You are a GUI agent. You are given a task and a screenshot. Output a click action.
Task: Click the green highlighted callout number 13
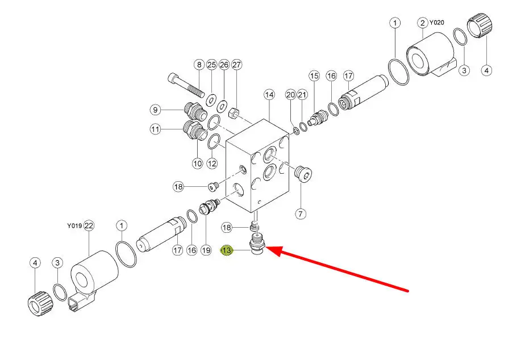click(227, 250)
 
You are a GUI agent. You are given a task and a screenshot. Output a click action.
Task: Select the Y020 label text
click(437, 22)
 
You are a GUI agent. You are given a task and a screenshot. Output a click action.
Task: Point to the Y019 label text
click(74, 226)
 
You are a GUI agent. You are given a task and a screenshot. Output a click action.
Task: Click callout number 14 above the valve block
click(269, 95)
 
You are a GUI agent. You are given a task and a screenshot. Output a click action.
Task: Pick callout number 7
click(301, 214)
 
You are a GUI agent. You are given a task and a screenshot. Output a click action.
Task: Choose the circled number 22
click(89, 226)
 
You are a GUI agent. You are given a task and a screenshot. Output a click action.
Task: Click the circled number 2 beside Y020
click(423, 23)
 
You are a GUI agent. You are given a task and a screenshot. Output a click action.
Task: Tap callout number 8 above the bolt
click(199, 65)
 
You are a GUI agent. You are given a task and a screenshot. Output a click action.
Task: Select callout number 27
click(236, 65)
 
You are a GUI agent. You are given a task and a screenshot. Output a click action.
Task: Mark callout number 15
click(314, 76)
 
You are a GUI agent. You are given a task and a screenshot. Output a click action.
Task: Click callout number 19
click(206, 250)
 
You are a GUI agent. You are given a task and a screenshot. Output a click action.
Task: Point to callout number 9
click(155, 110)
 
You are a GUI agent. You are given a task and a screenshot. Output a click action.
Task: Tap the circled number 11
click(155, 129)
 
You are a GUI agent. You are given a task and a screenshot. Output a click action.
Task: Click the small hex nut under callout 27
click(234, 113)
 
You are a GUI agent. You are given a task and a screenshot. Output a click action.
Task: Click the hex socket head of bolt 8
click(172, 79)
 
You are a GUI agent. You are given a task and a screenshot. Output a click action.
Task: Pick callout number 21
click(302, 95)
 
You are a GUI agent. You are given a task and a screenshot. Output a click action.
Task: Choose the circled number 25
click(211, 65)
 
